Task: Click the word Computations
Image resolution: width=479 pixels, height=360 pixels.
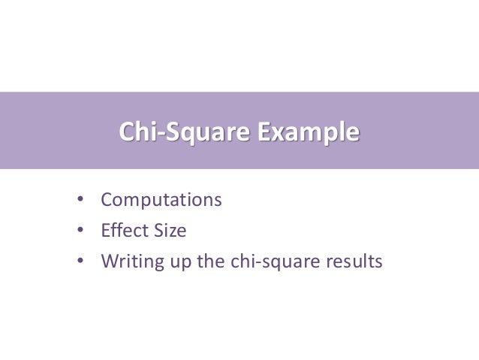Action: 161,201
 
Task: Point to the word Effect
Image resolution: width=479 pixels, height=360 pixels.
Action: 122,231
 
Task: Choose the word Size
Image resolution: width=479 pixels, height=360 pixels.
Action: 168,231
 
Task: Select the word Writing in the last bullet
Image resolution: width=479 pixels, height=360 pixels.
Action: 129,262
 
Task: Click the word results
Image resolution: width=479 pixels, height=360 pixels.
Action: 355,262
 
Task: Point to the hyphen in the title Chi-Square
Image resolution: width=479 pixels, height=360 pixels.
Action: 160,135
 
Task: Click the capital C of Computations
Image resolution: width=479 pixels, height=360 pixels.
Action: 107,201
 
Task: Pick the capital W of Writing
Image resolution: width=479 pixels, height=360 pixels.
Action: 110,262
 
